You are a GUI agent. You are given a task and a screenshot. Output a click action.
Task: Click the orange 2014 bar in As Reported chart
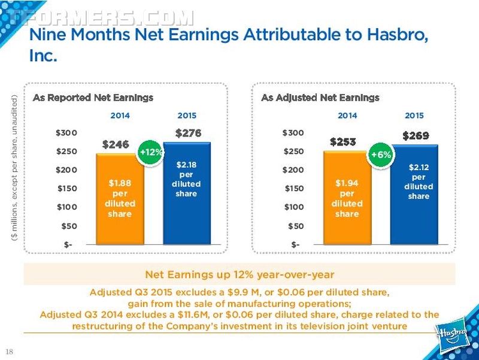point(120,199)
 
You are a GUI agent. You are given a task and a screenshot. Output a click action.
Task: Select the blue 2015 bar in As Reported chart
point(187,193)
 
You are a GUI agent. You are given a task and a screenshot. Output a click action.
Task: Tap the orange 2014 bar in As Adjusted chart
point(347,198)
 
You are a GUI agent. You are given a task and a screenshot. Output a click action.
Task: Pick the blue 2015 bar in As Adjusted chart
point(414,195)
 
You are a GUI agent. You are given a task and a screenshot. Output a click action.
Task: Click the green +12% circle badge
point(151,152)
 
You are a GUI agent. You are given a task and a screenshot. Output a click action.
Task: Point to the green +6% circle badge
point(381,155)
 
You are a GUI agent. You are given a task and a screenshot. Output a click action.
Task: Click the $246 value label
point(116,144)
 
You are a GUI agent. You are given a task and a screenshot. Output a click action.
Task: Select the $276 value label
point(188,133)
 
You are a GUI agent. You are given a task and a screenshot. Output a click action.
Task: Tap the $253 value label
point(342,142)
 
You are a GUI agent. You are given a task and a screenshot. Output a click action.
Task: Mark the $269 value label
point(416,136)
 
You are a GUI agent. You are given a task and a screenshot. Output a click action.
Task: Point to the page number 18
point(9,352)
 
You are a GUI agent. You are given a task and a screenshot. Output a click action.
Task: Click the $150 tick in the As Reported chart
point(67,189)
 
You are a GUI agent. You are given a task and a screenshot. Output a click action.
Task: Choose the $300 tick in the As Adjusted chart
point(293,133)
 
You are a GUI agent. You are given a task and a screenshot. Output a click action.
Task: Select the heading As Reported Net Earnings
point(93,98)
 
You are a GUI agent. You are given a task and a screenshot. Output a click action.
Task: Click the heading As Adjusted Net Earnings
point(320,98)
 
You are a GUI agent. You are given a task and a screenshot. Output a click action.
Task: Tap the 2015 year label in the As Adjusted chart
point(414,116)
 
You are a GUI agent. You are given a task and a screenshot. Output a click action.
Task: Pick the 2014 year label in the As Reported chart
point(120,116)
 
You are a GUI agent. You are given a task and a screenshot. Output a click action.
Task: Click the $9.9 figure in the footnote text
point(239,292)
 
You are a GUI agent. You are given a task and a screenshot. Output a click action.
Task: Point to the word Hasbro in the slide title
point(398,34)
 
